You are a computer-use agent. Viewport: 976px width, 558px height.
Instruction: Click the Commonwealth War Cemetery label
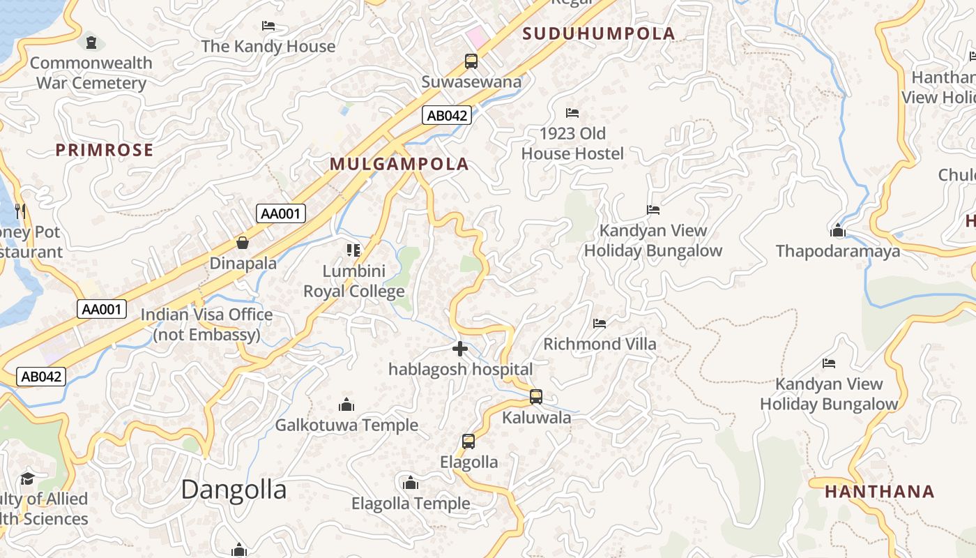coord(91,73)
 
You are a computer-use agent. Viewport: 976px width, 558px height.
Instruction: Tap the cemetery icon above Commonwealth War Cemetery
coord(91,43)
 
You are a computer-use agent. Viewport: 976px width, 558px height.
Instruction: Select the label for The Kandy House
coord(268,47)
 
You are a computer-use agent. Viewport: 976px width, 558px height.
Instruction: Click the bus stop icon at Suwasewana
coord(471,61)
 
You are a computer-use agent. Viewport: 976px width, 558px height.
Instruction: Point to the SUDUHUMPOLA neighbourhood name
coord(599,33)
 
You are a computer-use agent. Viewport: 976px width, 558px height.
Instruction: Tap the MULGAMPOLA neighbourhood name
coord(399,165)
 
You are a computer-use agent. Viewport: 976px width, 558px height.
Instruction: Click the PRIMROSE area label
coord(105,150)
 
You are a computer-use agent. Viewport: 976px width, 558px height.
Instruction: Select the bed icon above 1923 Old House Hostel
coord(572,113)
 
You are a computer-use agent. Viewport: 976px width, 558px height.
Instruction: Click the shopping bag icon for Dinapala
coord(243,243)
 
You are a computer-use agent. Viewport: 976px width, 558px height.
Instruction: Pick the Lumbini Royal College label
coord(353,281)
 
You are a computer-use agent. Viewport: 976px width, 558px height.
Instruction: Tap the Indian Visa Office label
coord(207,324)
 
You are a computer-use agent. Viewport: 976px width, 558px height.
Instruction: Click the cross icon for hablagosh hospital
coord(460,349)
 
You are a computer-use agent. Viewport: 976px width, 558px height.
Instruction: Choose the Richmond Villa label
coord(600,344)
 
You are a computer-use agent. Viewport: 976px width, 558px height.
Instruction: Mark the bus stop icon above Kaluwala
coord(536,397)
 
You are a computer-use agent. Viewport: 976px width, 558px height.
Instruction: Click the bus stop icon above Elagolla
coord(468,442)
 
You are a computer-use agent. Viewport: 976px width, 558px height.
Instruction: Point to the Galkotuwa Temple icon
coord(346,405)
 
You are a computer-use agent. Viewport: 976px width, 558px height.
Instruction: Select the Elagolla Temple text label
coord(411,504)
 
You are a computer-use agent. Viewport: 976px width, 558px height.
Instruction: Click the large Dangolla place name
coord(234,490)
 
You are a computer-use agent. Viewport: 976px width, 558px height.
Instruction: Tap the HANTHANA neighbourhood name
coord(880,492)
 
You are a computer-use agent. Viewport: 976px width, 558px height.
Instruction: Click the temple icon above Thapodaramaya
coord(838,230)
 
